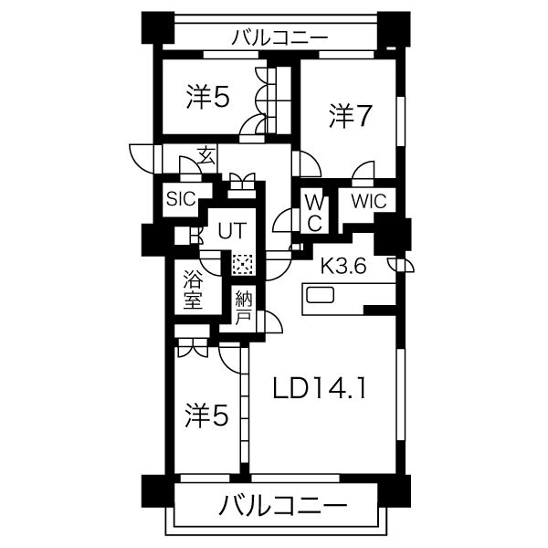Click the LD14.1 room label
pyautogui.click(x=320, y=389)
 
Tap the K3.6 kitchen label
pyautogui.click(x=343, y=266)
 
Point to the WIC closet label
pyautogui.click(x=369, y=201)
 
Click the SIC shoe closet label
pyautogui.click(x=181, y=199)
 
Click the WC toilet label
pyautogui.click(x=314, y=213)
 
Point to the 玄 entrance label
pyautogui.click(x=206, y=156)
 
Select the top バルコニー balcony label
pyautogui.click(x=280, y=37)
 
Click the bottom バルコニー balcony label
pyautogui.click(x=283, y=505)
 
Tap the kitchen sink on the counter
pyautogui.click(x=321, y=295)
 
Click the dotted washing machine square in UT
pyautogui.click(x=242, y=265)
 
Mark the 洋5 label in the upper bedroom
pyautogui.click(x=208, y=97)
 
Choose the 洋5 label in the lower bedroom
pyautogui.click(x=207, y=416)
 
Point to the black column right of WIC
pyautogui.click(x=388, y=234)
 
